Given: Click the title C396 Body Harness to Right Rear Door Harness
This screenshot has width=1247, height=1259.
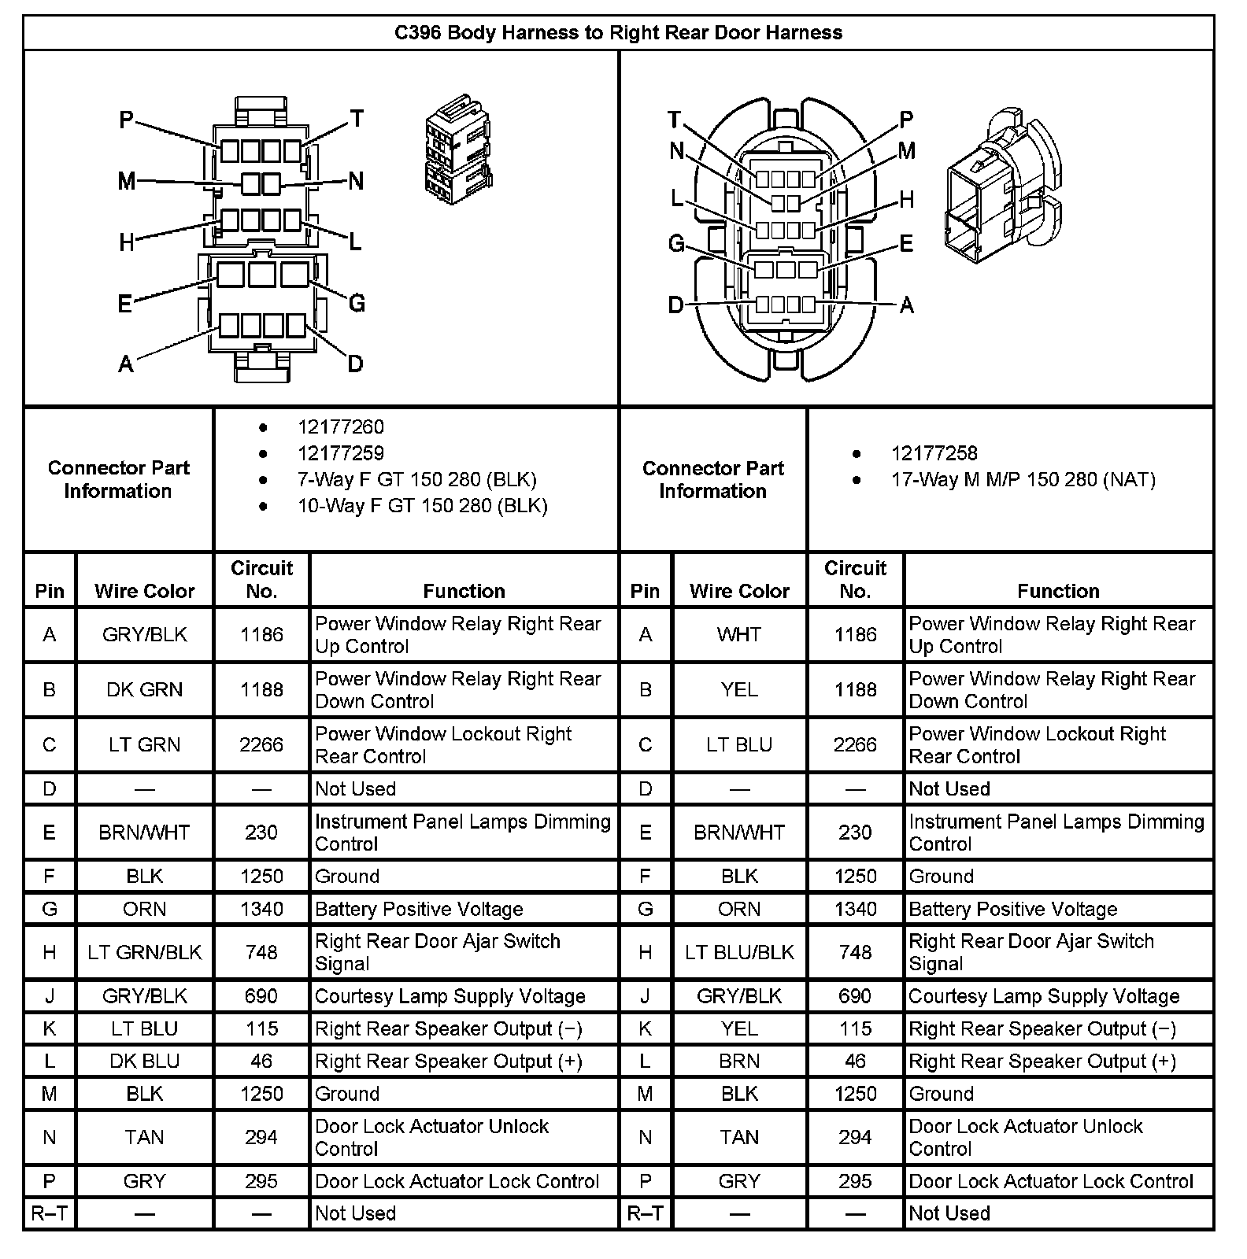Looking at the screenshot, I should [618, 33].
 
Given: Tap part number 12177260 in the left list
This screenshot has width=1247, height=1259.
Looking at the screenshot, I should [341, 427].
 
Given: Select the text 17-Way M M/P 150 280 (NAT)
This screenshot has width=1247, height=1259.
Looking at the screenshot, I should [1023, 479].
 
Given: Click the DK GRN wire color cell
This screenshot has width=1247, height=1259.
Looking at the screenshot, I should [145, 689].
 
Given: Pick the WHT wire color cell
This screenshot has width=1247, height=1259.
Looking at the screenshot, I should [739, 634].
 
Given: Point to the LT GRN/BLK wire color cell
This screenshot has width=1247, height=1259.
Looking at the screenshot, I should [145, 952].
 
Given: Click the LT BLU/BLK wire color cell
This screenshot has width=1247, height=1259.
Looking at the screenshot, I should [739, 952].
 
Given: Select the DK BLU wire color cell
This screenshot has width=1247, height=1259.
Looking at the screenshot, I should [145, 1061].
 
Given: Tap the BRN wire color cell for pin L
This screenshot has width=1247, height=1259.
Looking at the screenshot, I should [739, 1061].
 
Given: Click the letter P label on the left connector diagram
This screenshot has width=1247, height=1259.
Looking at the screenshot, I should [127, 120].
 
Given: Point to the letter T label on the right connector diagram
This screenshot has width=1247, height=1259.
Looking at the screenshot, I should [674, 120].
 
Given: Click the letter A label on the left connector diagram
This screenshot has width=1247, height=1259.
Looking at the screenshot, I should [126, 364].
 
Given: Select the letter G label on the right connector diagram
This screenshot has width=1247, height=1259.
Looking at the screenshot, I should [676, 244].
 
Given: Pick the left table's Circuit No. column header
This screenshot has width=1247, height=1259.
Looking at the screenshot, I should [261, 579].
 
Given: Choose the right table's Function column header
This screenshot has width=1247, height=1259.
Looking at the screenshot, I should [1058, 591].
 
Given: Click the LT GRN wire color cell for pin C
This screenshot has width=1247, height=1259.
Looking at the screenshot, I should [145, 744].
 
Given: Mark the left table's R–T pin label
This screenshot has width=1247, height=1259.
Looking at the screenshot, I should [50, 1213].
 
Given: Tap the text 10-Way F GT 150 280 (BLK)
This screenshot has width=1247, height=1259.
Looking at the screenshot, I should [422, 505].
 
